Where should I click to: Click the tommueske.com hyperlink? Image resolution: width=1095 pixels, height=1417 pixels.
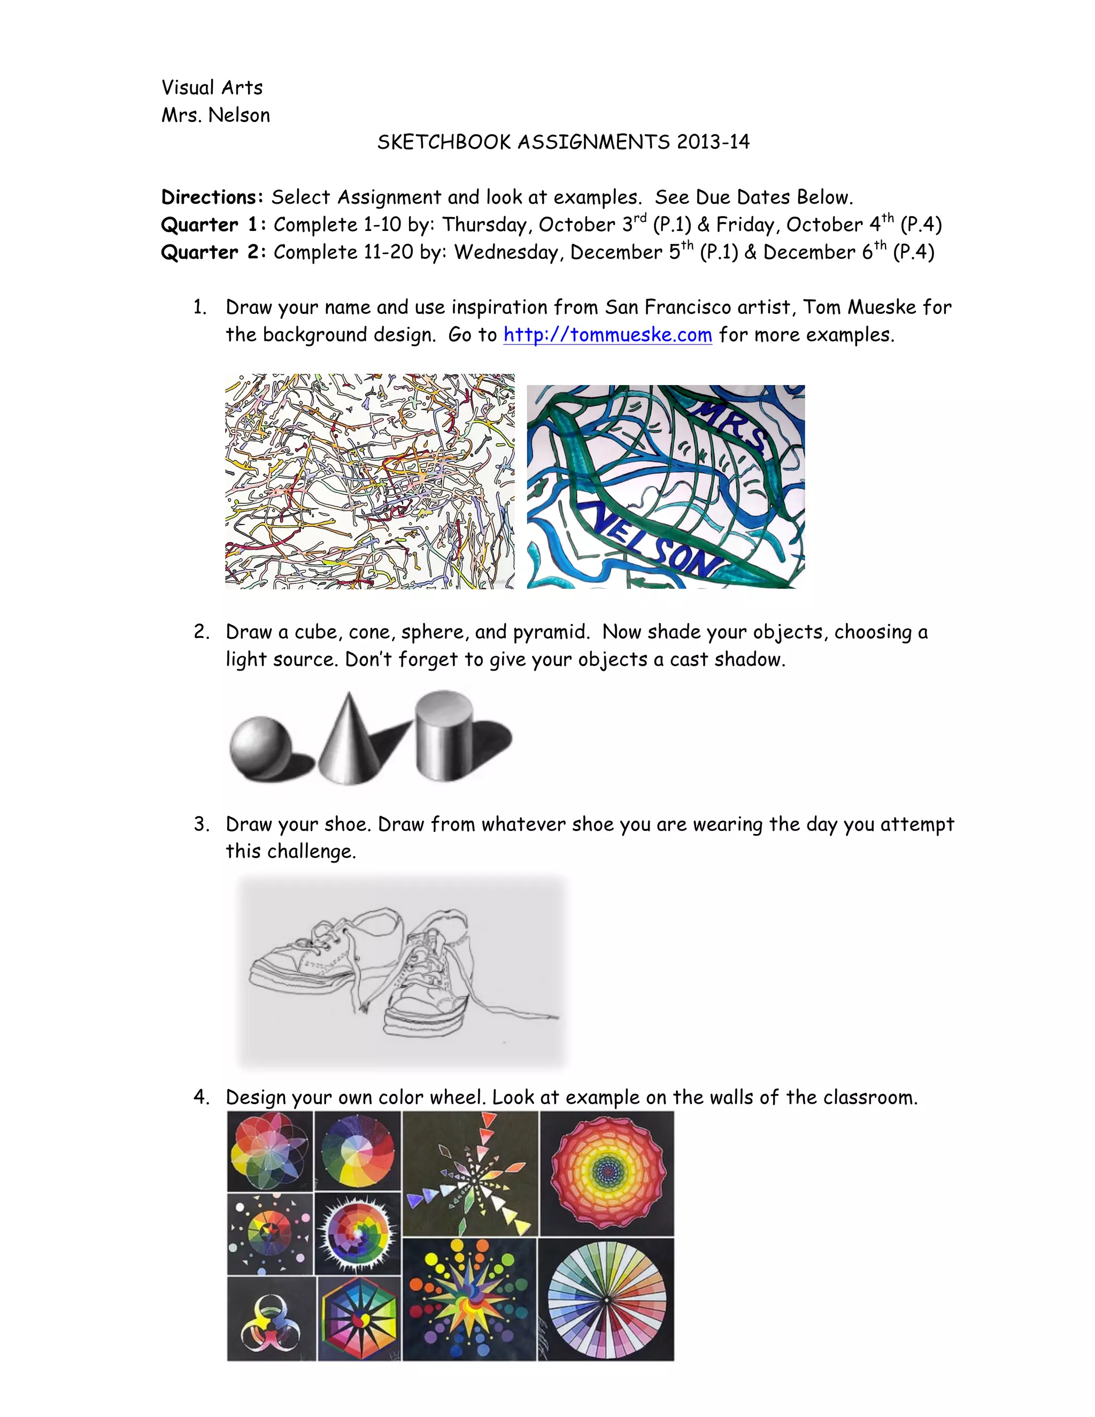pos(607,335)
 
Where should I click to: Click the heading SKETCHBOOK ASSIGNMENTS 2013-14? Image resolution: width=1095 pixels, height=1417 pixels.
pos(563,142)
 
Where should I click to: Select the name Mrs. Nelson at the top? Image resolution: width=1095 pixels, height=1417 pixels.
pos(215,115)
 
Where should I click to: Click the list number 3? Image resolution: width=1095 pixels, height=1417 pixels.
pos(201,825)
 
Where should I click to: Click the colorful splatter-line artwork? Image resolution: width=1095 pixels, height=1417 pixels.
pos(370,481)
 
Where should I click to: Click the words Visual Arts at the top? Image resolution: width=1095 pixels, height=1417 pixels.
pos(212,88)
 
